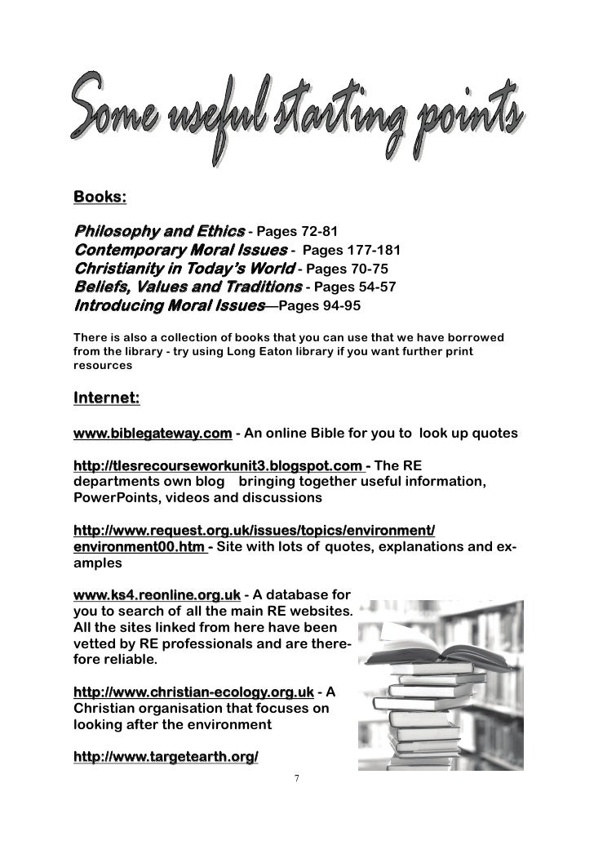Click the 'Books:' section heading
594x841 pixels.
click(x=100, y=198)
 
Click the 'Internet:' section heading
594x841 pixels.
click(x=107, y=398)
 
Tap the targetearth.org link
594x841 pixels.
click(x=166, y=758)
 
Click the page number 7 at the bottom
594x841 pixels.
click(x=297, y=776)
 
